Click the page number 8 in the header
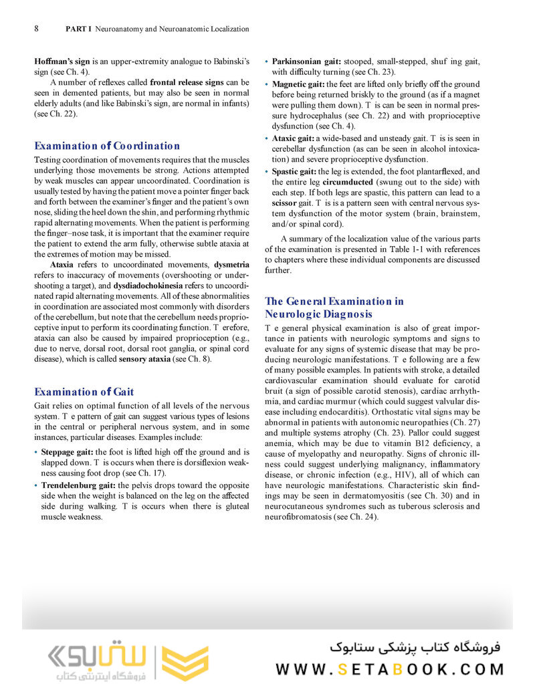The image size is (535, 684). click(x=36, y=29)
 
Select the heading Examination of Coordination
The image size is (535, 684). click(x=107, y=146)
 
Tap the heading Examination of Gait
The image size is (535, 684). click(x=84, y=392)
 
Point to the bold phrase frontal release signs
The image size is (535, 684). click(x=187, y=83)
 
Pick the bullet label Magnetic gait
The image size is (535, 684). click(x=298, y=84)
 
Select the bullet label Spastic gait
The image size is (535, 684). click(x=294, y=171)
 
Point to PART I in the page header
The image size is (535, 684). click(x=79, y=29)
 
